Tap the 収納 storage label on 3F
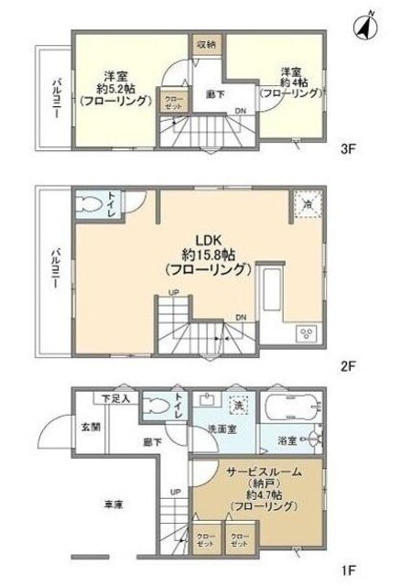click(206, 44)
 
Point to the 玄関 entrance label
click(90, 426)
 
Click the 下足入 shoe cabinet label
click(114, 398)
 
